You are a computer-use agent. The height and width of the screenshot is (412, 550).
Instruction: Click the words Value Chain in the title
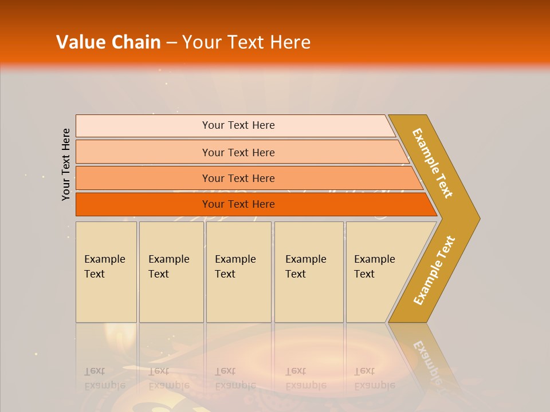108,42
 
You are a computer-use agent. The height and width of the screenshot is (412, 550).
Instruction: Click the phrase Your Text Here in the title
246,42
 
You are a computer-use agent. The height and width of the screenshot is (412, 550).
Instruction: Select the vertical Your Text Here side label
66,164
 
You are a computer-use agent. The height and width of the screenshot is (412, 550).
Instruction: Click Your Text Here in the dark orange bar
238,204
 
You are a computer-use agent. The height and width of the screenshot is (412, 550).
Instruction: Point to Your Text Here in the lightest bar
238,125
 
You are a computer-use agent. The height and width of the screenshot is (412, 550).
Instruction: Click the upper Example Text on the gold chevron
433,163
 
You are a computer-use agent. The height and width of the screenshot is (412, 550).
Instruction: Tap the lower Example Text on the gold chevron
434,271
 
